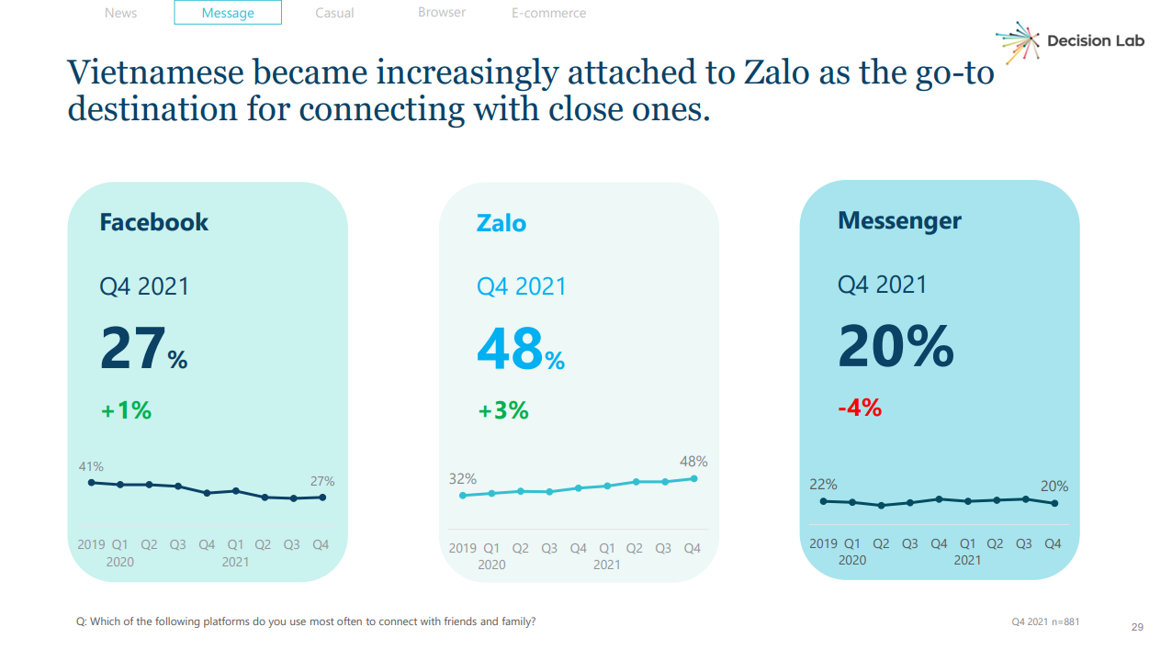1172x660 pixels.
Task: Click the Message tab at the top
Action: pyautogui.click(x=228, y=13)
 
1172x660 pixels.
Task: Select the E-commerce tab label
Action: pyautogui.click(x=548, y=13)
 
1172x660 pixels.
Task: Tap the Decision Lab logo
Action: pyautogui.click(x=1071, y=41)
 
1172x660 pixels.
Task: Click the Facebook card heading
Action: pyautogui.click(x=153, y=222)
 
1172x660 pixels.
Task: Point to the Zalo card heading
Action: pyautogui.click(x=501, y=223)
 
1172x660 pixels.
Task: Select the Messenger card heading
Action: pyautogui.click(x=899, y=220)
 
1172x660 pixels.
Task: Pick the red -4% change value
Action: pyautogui.click(x=859, y=408)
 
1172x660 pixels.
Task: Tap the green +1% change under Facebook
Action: pyautogui.click(x=126, y=410)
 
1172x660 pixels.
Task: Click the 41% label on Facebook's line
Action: pyautogui.click(x=91, y=466)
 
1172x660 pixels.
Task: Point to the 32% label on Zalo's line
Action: pyautogui.click(x=462, y=478)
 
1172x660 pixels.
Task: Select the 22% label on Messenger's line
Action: pyautogui.click(x=823, y=484)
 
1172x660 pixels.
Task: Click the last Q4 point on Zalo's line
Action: pyautogui.click(x=693, y=478)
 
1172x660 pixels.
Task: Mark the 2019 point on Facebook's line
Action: pyautogui.click(x=91, y=482)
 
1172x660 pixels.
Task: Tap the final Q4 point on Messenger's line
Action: pyautogui.click(x=1054, y=503)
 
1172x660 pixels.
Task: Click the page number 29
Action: pyautogui.click(x=1137, y=628)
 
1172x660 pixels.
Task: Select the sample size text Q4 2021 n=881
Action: pyautogui.click(x=1045, y=621)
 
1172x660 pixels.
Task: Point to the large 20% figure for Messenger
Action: pyautogui.click(x=896, y=347)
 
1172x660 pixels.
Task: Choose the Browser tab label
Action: pyautogui.click(x=442, y=13)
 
